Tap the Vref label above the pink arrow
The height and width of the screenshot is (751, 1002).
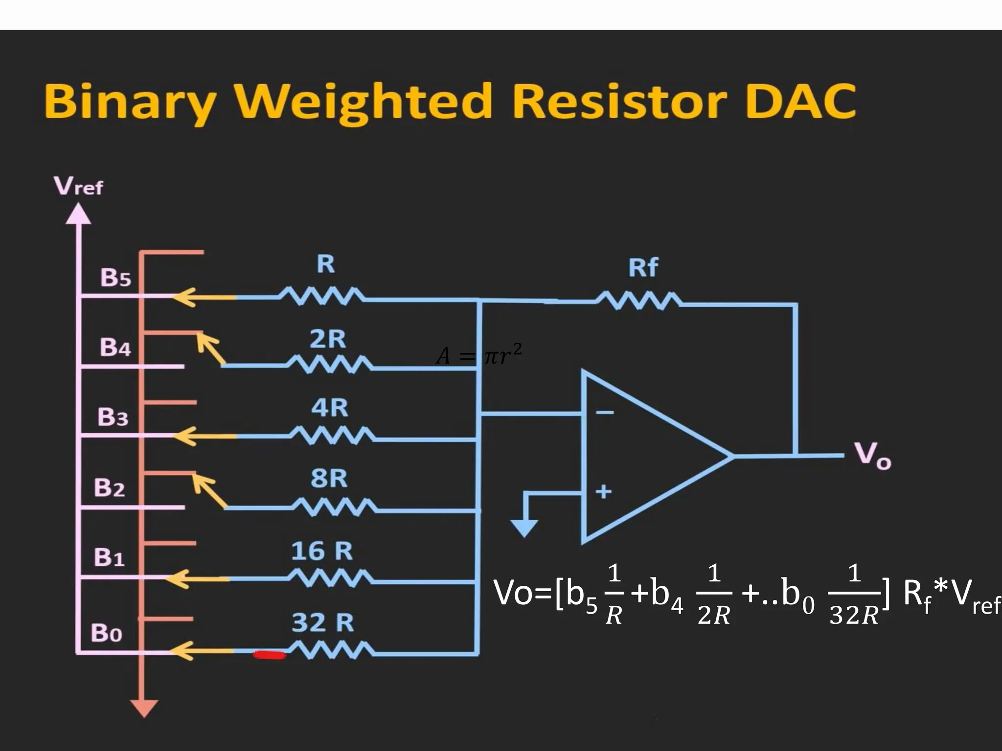click(78, 186)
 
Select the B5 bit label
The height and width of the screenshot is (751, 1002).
click(115, 277)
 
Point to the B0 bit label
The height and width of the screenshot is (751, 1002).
click(106, 633)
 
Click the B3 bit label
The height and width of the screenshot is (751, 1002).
click(113, 417)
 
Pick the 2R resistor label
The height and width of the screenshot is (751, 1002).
click(327, 339)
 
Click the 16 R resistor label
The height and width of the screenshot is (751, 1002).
click(321, 551)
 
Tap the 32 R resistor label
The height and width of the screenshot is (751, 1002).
click(322, 622)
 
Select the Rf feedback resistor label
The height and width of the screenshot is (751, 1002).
click(643, 267)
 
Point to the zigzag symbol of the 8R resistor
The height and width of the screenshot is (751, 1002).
click(335, 507)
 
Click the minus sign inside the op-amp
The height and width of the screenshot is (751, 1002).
click(604, 413)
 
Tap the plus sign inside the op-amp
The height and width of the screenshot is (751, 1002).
click(604, 491)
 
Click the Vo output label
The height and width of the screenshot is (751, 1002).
click(873, 456)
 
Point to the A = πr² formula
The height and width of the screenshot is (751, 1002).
click(478, 354)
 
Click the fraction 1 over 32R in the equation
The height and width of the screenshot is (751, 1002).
click(854, 595)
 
